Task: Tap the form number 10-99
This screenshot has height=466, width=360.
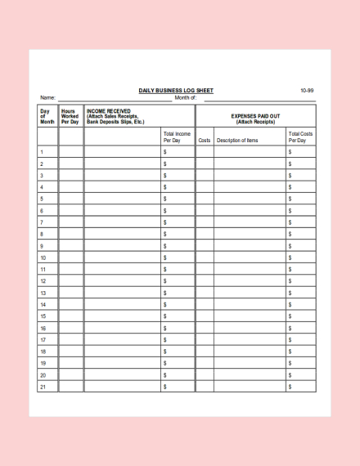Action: (x=306, y=90)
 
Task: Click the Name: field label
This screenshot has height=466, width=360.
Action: (x=47, y=98)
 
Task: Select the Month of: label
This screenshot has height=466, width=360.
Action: (x=186, y=98)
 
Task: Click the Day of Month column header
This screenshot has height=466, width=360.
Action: (x=47, y=115)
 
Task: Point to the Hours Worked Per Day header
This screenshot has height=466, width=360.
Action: (x=70, y=115)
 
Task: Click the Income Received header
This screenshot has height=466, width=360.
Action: (x=115, y=115)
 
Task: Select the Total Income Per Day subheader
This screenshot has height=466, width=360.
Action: (x=177, y=137)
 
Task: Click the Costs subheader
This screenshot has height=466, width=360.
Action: (x=205, y=140)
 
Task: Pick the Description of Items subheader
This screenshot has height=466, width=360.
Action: (x=237, y=140)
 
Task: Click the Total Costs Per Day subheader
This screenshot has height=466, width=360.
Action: (x=300, y=137)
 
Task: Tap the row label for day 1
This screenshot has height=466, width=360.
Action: (x=42, y=152)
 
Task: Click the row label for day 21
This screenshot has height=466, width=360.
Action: (x=43, y=386)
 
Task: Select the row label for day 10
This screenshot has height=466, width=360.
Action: (x=43, y=258)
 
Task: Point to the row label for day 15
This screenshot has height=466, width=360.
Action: (x=43, y=316)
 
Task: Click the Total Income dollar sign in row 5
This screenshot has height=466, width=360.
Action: (x=165, y=199)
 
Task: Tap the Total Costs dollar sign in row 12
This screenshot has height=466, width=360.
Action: (x=290, y=280)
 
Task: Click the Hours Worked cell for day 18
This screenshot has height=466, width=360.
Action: (x=70, y=351)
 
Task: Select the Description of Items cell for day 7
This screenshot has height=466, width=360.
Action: (x=249, y=222)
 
